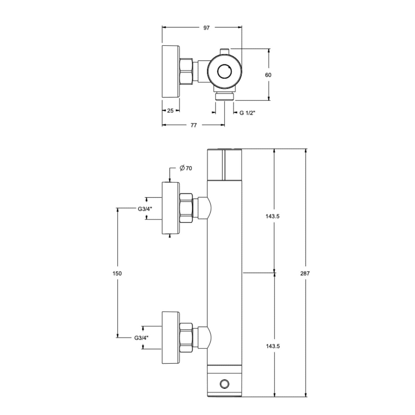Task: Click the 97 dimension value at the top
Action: pos(206,28)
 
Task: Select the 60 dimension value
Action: pos(268,75)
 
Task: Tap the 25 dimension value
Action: pos(170,111)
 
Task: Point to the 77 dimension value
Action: pos(194,125)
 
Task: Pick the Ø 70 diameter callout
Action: pos(186,168)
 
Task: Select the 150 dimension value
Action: pos(117,273)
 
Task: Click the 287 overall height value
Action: pos(305,273)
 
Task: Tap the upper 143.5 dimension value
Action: pos(273,216)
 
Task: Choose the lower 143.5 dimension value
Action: pos(273,346)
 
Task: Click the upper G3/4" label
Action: pos(145,209)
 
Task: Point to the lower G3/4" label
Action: pos(141,338)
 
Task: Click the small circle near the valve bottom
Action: pos(224,384)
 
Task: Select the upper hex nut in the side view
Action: pos(186,208)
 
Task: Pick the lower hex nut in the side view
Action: pos(186,338)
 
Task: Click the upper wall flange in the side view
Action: pos(171,208)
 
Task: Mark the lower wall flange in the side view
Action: pos(171,338)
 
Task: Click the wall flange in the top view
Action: pos(171,71)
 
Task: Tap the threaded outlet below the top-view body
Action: pos(224,96)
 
